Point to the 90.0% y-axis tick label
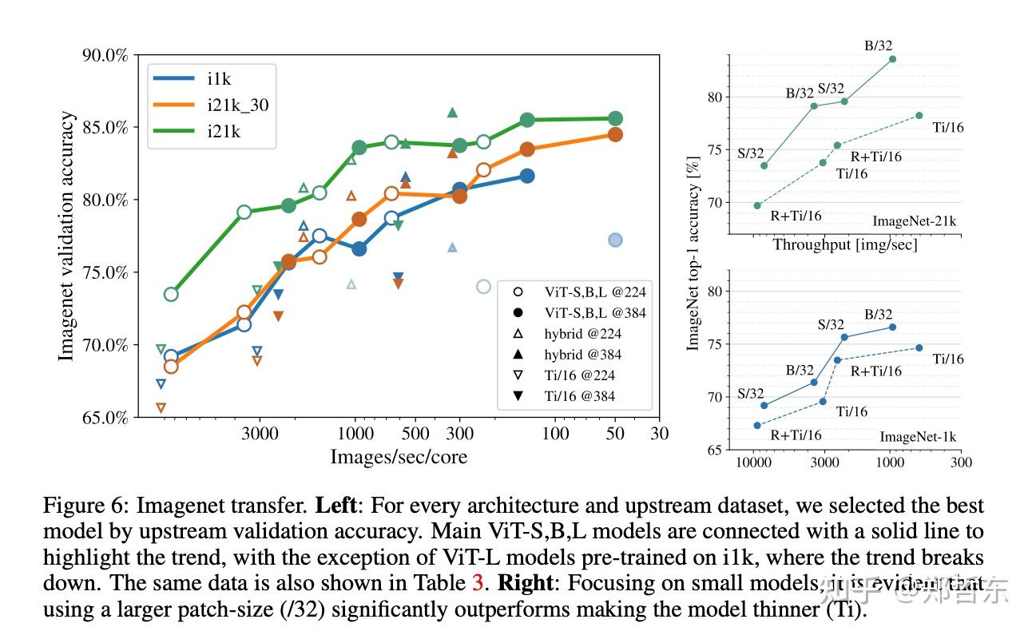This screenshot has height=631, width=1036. click(x=105, y=55)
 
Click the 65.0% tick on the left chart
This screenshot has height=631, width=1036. click(x=105, y=417)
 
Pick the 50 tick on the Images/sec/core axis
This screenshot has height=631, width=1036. click(x=615, y=433)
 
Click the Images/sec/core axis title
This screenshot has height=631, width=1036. click(x=399, y=456)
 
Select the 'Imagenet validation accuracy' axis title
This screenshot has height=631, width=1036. click(x=68, y=236)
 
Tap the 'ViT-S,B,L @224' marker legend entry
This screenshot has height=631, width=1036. click(x=586, y=292)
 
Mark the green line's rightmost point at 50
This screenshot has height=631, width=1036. click(x=615, y=118)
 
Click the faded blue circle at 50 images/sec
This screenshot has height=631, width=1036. click(x=615, y=240)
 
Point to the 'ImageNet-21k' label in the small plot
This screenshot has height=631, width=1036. click(x=914, y=221)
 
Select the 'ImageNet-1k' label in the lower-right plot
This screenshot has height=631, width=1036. click(x=918, y=437)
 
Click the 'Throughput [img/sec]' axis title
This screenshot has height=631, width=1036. click(x=845, y=245)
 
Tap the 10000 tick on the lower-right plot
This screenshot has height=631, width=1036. click(x=752, y=462)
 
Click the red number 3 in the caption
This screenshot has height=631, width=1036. click(x=478, y=583)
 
